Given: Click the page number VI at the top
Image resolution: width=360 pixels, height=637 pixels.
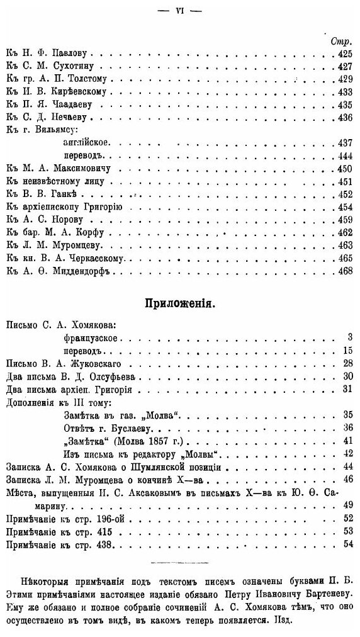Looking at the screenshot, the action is click(179, 11).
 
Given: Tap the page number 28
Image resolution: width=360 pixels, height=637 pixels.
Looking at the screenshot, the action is click(346, 364).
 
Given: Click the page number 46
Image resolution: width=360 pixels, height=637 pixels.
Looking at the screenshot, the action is click(346, 480).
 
